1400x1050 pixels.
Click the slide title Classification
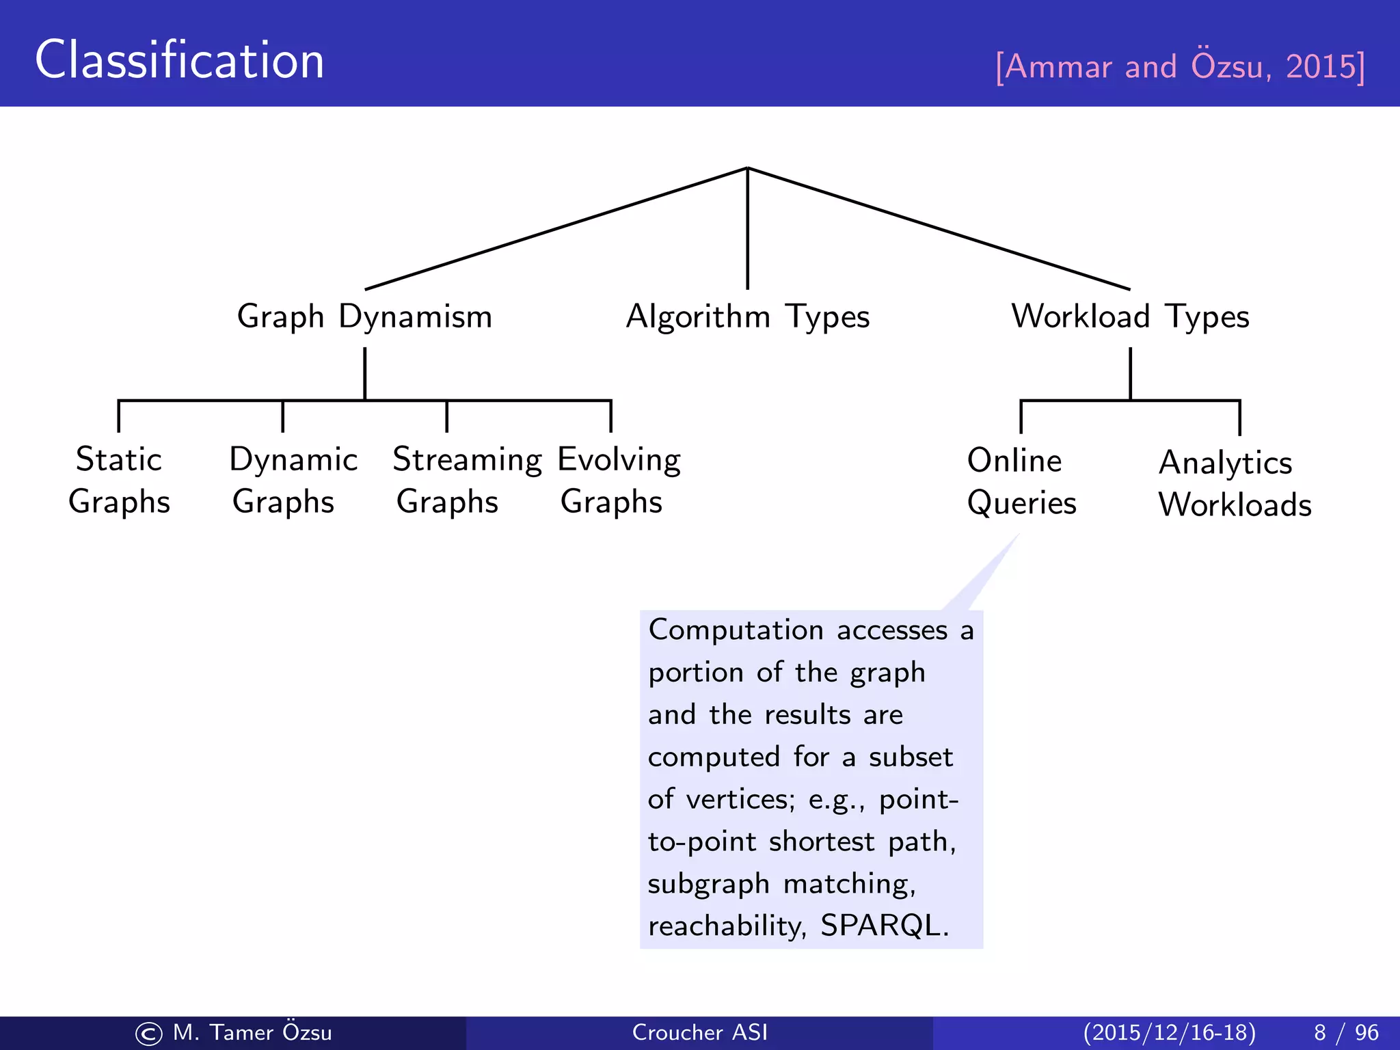tap(179, 60)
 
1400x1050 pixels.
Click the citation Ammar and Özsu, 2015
tap(1180, 67)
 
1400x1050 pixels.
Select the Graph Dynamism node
tap(364, 317)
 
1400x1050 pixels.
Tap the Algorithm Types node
tap(747, 317)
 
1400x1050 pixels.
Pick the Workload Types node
tap(1130, 317)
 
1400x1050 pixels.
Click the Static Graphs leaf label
tap(119, 481)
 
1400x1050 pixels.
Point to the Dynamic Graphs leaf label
tap(293, 481)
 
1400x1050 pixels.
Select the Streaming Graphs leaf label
tap(467, 481)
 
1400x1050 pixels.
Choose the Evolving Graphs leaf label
tap(619, 481)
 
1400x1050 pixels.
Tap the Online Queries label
tap(1021, 482)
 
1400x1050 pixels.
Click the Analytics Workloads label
tap(1234, 484)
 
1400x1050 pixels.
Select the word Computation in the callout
tap(736, 630)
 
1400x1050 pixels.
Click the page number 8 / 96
tap(1345, 1032)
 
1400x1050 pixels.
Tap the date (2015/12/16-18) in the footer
tap(1169, 1032)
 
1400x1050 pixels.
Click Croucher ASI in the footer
tap(699, 1032)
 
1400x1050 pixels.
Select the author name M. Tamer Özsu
tap(252, 1032)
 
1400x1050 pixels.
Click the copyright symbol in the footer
tap(149, 1034)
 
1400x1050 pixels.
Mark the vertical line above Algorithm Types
tap(747, 229)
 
